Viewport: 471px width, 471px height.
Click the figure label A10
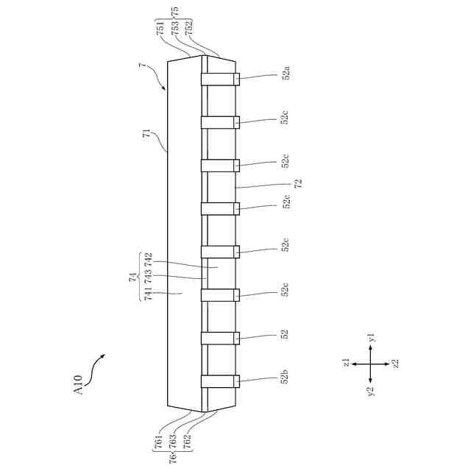click(x=80, y=385)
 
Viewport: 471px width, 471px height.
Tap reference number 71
click(x=146, y=134)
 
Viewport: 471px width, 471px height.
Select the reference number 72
click(x=298, y=184)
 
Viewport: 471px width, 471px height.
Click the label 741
click(x=148, y=294)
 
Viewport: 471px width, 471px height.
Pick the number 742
click(x=148, y=260)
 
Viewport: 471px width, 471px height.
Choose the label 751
click(x=161, y=29)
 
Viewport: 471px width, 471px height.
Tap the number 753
click(x=175, y=29)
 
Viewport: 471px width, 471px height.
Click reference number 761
click(x=159, y=442)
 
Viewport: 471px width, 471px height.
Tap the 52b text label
click(x=285, y=378)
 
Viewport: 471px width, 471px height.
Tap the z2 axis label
click(x=396, y=364)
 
